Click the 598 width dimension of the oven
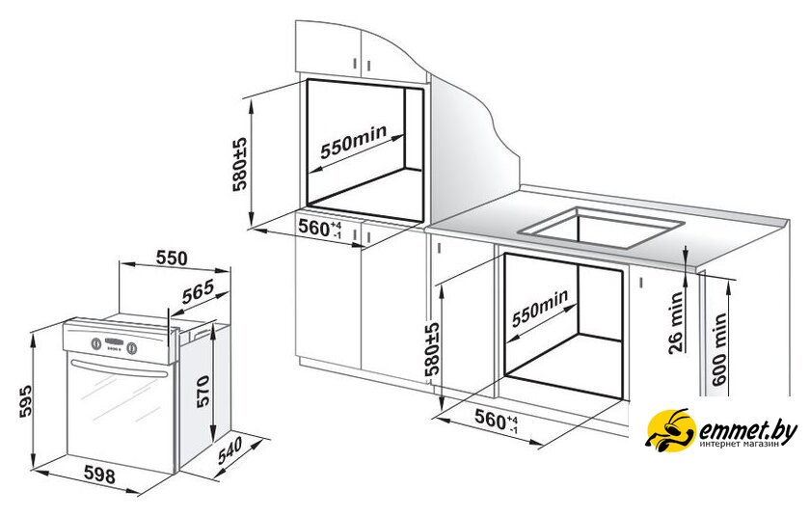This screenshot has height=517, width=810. pyautogui.click(x=99, y=475)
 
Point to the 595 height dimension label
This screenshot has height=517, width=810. pyautogui.click(x=26, y=400)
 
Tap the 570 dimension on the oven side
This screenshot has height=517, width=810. pyautogui.click(x=202, y=391)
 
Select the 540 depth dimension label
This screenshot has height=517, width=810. pyautogui.click(x=229, y=451)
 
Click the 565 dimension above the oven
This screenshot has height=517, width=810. pyautogui.click(x=198, y=292)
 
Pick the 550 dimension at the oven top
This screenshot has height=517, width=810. pyautogui.click(x=172, y=258)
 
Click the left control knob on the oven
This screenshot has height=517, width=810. pyautogui.click(x=96, y=343)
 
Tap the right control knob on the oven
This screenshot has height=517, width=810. pyautogui.click(x=132, y=348)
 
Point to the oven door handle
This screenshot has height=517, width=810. pyautogui.click(x=120, y=369)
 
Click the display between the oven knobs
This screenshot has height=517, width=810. pyautogui.click(x=114, y=343)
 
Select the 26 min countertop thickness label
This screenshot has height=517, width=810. pyautogui.click(x=676, y=322)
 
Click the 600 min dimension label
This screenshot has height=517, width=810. pyautogui.click(x=719, y=349)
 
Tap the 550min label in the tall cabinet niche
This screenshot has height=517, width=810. pyautogui.click(x=353, y=142)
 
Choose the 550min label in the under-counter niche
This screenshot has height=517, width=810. pyautogui.click(x=540, y=308)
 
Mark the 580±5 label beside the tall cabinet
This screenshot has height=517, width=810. pyautogui.click(x=240, y=164)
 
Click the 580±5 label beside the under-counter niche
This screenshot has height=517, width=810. pyautogui.click(x=432, y=348)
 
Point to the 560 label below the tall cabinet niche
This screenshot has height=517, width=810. pyautogui.click(x=320, y=229)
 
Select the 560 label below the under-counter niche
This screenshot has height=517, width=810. pyautogui.click(x=497, y=421)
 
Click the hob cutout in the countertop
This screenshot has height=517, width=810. pyautogui.click(x=601, y=226)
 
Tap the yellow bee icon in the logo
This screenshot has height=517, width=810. pyautogui.click(x=670, y=431)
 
